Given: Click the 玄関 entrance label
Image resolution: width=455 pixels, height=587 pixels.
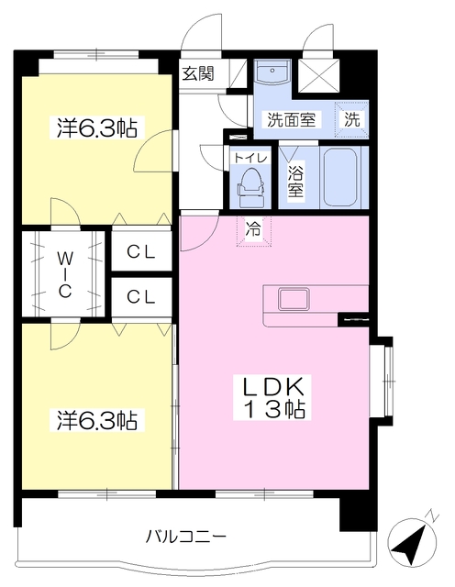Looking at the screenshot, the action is [x=198, y=73].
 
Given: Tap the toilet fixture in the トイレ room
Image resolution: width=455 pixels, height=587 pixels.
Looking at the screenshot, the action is [x=250, y=187].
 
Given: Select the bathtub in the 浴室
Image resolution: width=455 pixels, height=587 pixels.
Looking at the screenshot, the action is [x=340, y=177].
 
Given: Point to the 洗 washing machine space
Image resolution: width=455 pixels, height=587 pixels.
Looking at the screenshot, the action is [x=351, y=119].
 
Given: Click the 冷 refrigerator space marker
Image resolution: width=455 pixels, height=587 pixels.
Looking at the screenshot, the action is [x=253, y=231].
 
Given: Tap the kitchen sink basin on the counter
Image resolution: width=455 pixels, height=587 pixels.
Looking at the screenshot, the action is [x=294, y=299].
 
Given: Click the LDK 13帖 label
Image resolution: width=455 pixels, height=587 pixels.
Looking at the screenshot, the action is [x=273, y=397].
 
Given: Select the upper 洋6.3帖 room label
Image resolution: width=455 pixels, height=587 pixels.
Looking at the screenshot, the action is [x=96, y=128].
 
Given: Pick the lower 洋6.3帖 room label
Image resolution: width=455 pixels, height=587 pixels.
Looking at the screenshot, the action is [x=96, y=420].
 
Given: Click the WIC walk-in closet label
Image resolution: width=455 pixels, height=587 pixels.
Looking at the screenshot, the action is [x=65, y=274].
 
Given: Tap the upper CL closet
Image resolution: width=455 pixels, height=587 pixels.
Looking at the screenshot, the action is [x=141, y=250].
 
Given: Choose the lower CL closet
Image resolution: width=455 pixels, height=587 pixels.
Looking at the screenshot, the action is [x=141, y=296].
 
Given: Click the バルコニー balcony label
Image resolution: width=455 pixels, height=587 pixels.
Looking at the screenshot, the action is [x=185, y=537].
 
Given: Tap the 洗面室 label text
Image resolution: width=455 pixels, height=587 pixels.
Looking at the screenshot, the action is [x=292, y=119].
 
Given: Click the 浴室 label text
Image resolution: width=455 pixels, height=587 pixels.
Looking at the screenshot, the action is [x=295, y=180].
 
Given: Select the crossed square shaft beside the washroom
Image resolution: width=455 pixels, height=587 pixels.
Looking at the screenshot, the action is [x=318, y=76].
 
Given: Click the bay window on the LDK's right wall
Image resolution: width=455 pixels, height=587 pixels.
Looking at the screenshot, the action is [x=383, y=381].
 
